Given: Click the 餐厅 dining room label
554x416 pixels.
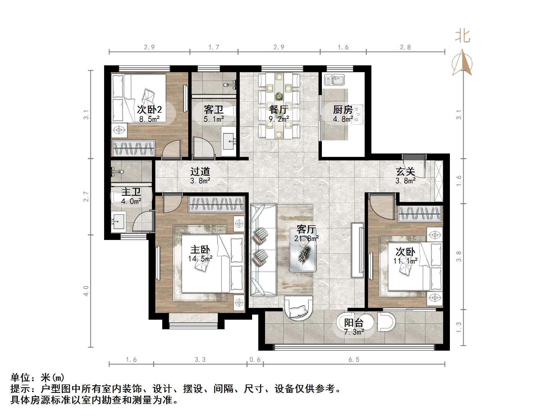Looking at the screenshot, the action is pos(279,110).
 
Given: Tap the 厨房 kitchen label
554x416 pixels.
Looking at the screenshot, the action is pos(343,110).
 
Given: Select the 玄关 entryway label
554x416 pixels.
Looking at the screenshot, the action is pos(405,171).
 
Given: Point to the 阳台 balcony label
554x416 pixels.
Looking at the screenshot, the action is pos(354,323).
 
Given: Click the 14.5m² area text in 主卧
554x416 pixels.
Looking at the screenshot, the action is pos(200,259).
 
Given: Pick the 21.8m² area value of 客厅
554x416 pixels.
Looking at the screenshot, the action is pos(306,239).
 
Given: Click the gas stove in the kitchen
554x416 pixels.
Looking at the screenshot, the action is pos(358,115).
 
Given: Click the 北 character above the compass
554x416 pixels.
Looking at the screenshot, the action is pos(463,36).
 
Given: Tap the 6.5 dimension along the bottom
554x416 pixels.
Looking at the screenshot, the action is pos(354,359).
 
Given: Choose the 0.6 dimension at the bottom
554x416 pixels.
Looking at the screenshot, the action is pos(255,359).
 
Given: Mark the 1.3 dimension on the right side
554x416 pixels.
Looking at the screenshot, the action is pos(459,328).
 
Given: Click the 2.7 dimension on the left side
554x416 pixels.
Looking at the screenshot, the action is pos(86,197).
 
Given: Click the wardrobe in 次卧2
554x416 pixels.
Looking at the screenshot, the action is pos(134,148).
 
